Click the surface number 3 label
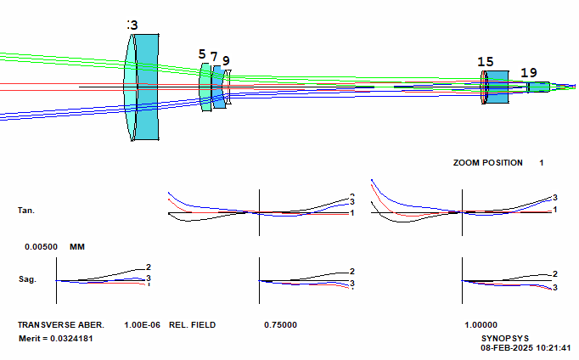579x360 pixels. (x=132, y=25)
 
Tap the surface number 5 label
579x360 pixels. (x=202, y=54)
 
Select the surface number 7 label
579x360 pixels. (x=214, y=57)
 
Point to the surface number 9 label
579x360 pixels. (x=226, y=61)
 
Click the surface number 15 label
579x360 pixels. (x=486, y=62)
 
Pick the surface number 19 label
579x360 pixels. (x=529, y=73)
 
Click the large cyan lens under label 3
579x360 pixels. (x=146, y=87)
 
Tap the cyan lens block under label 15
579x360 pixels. (x=497, y=87)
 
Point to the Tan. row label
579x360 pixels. (x=27, y=209)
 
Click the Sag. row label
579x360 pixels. (x=27, y=278)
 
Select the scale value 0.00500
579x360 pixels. (x=42, y=246)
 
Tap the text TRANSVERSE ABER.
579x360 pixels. (x=62, y=324)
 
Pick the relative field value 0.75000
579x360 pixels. (x=280, y=324)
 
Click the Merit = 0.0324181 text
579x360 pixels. (x=56, y=339)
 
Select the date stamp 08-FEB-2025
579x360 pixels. (x=506, y=347)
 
